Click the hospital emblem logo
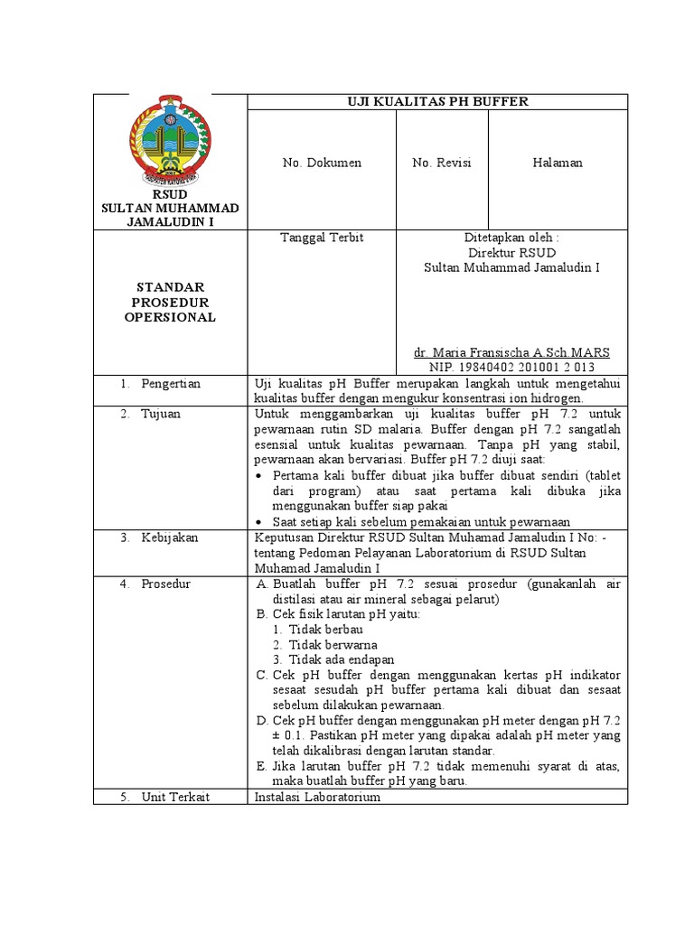169,140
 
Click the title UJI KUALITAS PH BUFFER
437,101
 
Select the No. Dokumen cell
322,163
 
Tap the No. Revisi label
442,163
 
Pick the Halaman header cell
558,163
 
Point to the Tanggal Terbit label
310,238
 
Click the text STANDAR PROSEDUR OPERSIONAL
170,302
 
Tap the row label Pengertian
171,383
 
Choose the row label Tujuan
160,414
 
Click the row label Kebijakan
169,537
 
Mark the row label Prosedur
165,584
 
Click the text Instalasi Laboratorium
318,798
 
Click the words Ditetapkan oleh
511,238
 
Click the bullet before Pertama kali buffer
260,476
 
